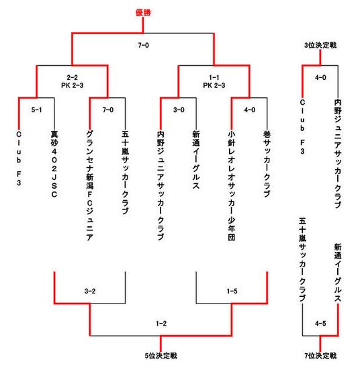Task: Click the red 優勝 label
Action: coord(143,13)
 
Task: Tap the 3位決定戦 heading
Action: coord(320,45)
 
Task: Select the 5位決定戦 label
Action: coord(161,356)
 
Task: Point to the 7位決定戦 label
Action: coord(320,356)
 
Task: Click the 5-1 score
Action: coord(36,109)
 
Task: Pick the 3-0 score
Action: coord(179,109)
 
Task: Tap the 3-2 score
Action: coord(90,291)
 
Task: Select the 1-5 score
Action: coord(232,291)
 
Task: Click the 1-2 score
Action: coord(161,323)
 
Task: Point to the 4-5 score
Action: coord(320,323)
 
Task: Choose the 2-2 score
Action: coord(73,77)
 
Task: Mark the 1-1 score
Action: coord(214,77)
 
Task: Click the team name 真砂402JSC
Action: coord(54,164)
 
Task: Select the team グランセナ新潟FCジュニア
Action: coord(90,185)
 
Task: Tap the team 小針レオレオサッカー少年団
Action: coord(232,185)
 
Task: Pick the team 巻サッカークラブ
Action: coord(267,164)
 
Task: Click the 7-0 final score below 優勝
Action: coord(143,45)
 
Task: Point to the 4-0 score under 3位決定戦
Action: coord(320,77)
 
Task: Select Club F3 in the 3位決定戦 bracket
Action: coord(302,126)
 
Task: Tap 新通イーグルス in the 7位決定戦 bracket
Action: coord(338,273)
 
